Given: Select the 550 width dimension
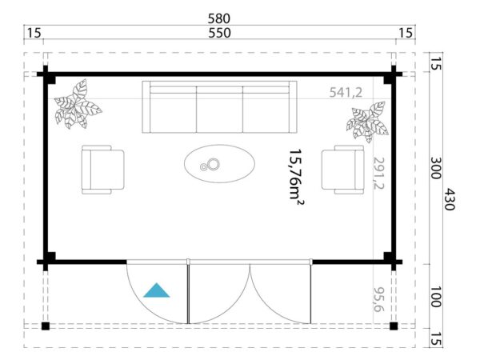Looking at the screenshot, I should click(x=219, y=33).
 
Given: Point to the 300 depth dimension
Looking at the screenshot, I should click(x=433, y=168).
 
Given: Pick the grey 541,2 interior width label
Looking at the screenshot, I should click(x=346, y=93).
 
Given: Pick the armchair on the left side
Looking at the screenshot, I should click(x=102, y=169).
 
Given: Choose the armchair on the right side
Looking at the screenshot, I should click(x=342, y=169).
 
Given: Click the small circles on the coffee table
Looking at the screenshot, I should click(x=213, y=166).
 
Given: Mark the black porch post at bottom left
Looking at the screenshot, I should click(x=46, y=326).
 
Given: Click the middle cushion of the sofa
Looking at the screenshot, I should click(x=219, y=109).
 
